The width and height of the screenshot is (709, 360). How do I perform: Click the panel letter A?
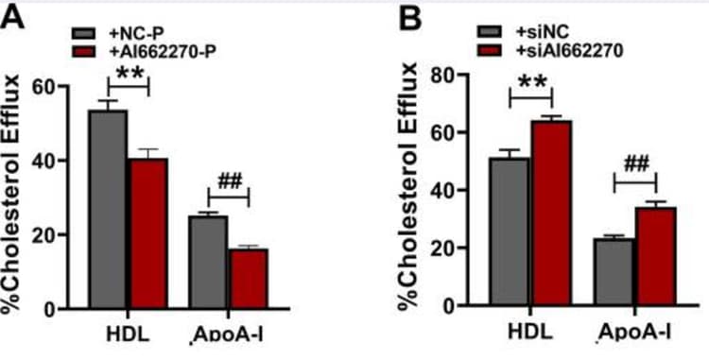coord(12,16)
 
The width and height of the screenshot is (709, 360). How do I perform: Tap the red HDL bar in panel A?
coord(147,233)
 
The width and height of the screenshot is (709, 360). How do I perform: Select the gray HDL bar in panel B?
coord(510,231)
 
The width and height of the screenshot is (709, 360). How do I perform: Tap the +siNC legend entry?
coord(532,28)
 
